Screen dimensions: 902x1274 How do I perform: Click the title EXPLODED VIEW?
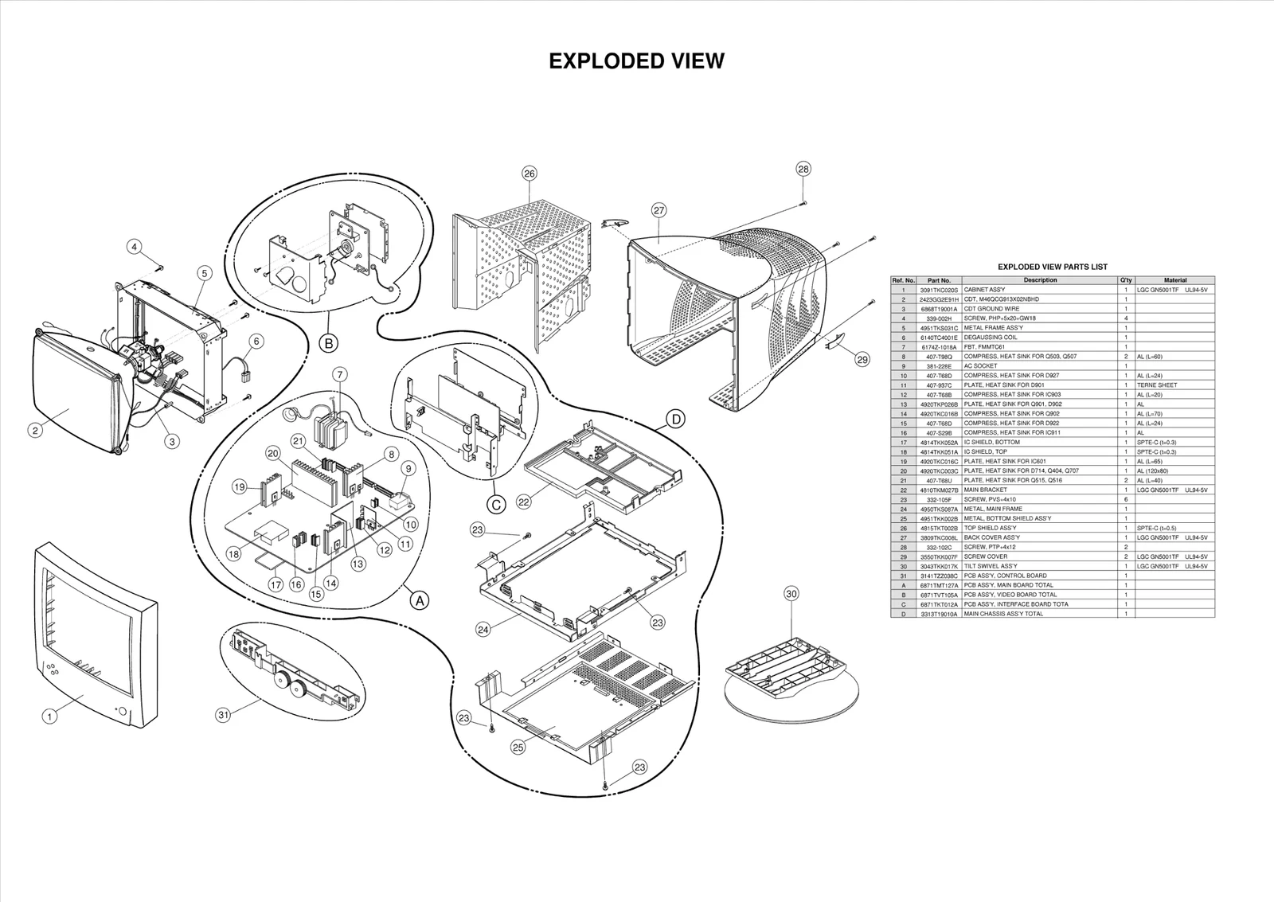[636, 61]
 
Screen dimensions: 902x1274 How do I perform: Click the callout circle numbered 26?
[530, 173]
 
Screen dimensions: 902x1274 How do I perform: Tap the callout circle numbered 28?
[803, 169]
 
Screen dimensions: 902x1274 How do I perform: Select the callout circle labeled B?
[328, 344]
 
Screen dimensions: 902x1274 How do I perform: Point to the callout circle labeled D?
[675, 420]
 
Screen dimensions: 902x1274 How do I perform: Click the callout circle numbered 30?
[791, 593]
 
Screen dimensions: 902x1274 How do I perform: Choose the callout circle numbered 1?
[49, 717]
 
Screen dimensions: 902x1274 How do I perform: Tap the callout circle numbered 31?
[224, 715]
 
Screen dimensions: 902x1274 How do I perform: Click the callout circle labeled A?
[419, 601]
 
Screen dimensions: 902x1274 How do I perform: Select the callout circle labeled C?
[495, 504]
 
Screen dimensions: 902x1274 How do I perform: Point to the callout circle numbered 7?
[340, 373]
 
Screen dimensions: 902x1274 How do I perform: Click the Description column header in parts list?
[1040, 280]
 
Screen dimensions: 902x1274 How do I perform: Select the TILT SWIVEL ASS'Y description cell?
[990, 566]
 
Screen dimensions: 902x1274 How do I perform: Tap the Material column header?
[1174, 280]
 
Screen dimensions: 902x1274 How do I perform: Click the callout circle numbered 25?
[518, 748]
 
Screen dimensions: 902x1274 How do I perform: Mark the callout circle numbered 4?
[135, 247]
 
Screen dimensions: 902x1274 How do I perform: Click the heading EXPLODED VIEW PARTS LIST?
[1052, 267]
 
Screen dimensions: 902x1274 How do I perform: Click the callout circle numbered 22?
[523, 502]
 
